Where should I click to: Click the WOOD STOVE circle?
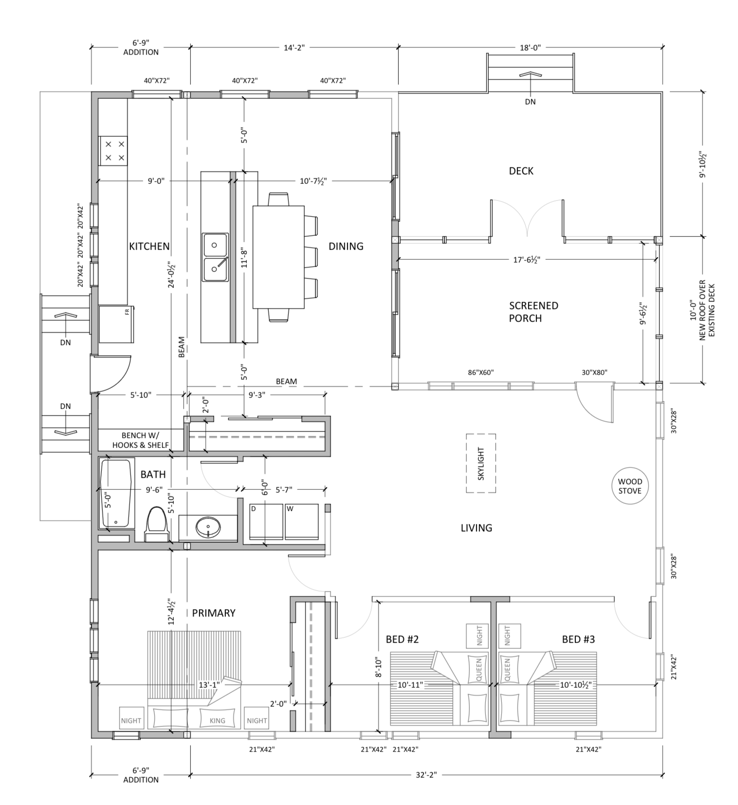point(630,486)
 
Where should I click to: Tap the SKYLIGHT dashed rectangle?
point(481,464)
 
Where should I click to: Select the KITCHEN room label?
point(149,246)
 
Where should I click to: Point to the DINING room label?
point(346,246)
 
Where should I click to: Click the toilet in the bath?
point(157,524)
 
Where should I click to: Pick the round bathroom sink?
point(208,527)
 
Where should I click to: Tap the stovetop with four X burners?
point(113,151)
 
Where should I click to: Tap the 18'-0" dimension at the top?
point(530,47)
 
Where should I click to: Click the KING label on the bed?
point(217,720)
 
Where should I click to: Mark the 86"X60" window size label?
point(480,373)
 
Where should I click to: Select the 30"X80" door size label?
point(594,373)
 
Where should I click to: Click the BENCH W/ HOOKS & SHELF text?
point(141,440)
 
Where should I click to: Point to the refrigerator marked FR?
point(116,324)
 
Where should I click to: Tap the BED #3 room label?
point(578,639)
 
